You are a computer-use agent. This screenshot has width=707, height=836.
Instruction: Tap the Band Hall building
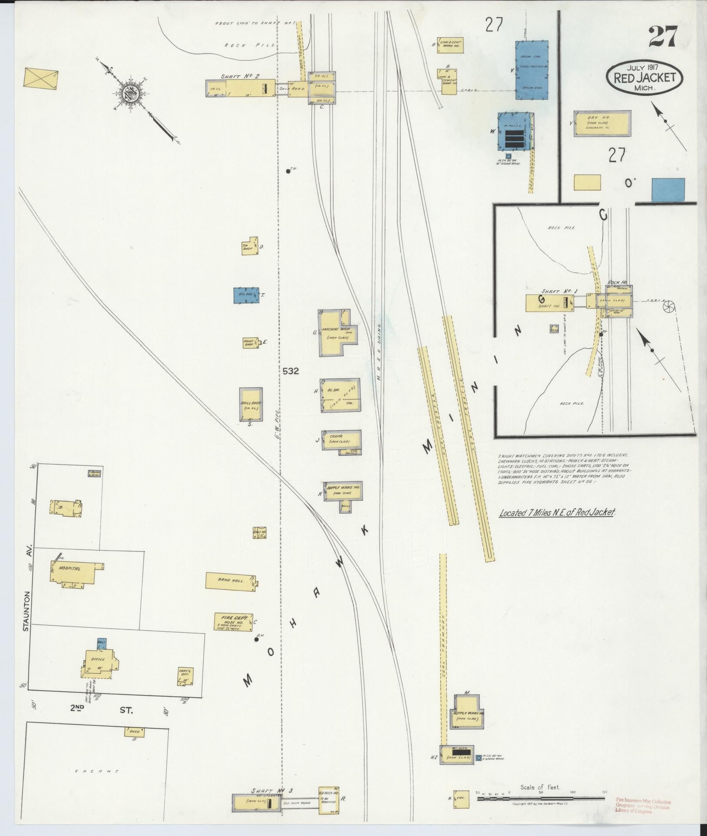tap(231, 581)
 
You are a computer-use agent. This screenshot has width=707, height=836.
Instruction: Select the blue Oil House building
tap(246, 295)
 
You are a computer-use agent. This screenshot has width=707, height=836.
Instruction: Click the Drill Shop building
tap(251, 404)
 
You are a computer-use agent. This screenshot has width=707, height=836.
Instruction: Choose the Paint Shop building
tap(250, 343)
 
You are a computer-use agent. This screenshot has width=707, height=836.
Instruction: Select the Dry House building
tap(601, 124)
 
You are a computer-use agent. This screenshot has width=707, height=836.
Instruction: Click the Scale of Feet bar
tap(540, 797)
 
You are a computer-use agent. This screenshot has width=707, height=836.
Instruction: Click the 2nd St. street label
tap(102, 709)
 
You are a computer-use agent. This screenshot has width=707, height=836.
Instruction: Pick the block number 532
tap(291, 371)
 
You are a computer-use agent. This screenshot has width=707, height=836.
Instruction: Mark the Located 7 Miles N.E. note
tap(557, 512)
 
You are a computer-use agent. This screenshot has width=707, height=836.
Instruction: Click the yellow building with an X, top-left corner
tap(41, 78)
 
